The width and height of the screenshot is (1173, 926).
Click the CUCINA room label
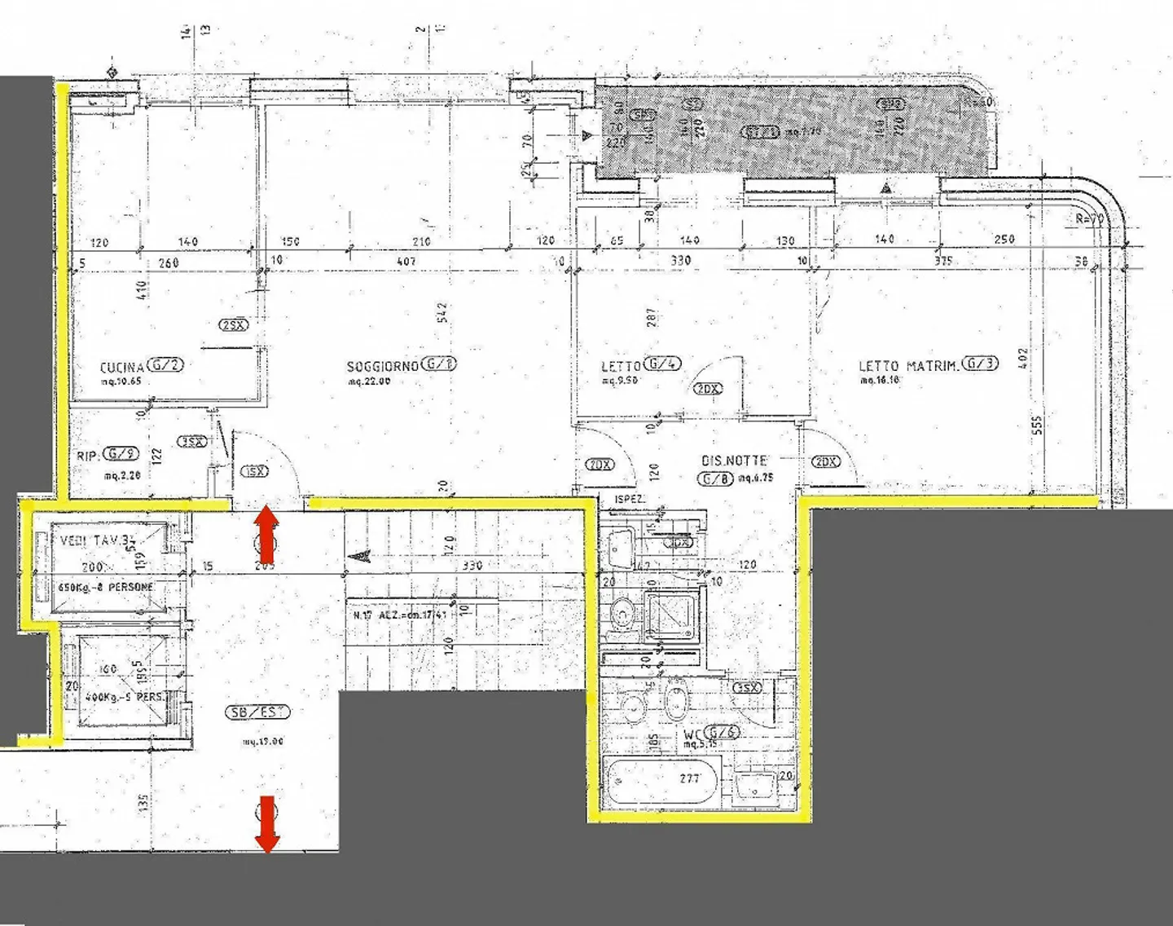pos(121,367)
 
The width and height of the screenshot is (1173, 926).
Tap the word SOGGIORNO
pos(382,367)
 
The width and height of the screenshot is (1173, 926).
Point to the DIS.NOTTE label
pos(734,461)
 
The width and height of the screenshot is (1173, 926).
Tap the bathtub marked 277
pos(661,778)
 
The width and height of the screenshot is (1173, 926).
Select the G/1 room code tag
pos(440,364)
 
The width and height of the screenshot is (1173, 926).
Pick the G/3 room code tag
pos(979,364)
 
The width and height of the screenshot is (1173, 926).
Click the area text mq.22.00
pos(369,381)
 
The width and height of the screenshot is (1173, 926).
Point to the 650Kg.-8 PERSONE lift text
pos(105,587)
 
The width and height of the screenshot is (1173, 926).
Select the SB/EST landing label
pos(257,712)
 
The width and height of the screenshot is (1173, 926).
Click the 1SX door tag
pos(255,472)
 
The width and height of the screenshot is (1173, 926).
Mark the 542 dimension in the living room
pos(442,312)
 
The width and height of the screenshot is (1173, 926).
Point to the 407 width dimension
pos(406,262)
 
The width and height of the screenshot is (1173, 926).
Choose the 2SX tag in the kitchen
pos(234,325)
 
